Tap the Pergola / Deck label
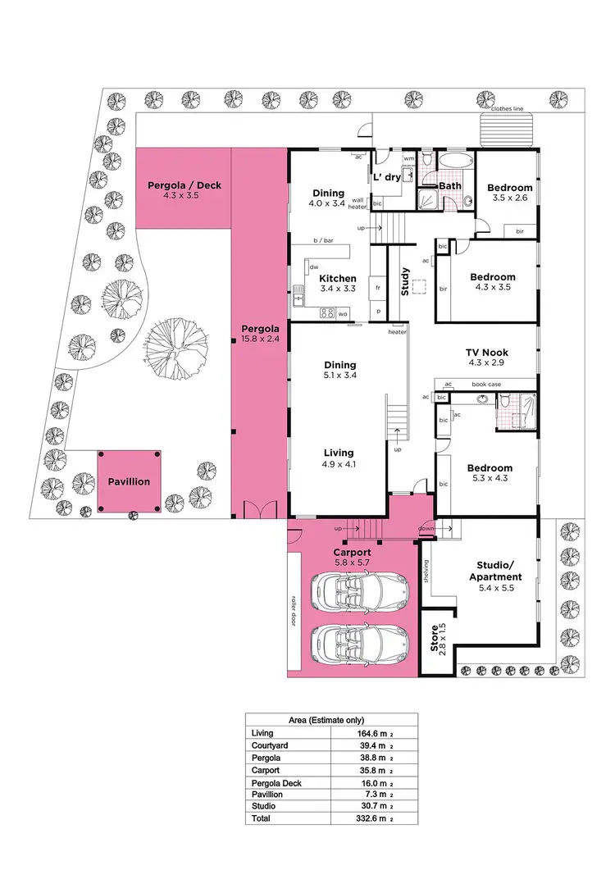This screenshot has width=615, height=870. (184, 185)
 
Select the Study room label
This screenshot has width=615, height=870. (404, 282)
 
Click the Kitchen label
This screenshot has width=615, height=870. (337, 279)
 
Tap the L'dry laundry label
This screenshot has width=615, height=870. (387, 177)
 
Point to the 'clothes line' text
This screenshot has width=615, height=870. (507, 108)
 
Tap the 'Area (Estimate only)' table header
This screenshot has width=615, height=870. (332, 720)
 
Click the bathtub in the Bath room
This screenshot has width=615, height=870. (453, 160)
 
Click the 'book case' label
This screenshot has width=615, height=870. (485, 384)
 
